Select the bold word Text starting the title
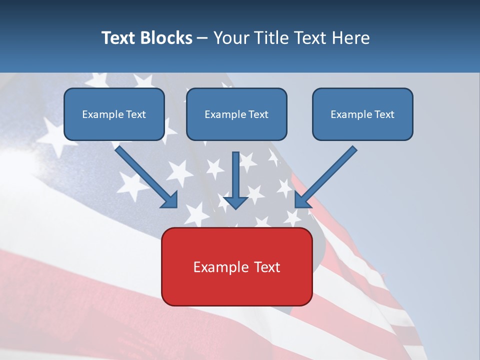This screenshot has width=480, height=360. click(x=120, y=38)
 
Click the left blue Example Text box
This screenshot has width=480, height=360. click(x=114, y=114)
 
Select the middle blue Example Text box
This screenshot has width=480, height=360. click(x=236, y=114)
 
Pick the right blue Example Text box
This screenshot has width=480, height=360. click(x=362, y=114)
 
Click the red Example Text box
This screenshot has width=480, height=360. click(x=236, y=267)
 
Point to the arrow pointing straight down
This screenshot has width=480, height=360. click(x=236, y=180)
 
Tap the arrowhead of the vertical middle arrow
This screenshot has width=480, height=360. click(x=236, y=202)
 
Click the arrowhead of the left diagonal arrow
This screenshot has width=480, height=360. click(x=170, y=200)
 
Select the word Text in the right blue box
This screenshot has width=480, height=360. click(x=384, y=114)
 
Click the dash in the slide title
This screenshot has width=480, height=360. click(x=202, y=38)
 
